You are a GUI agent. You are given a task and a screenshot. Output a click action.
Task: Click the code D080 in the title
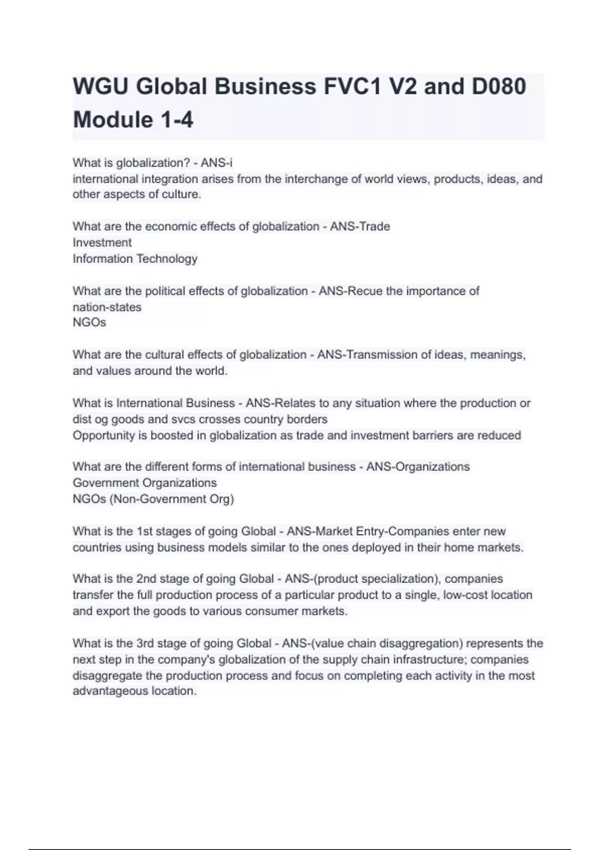pyautogui.click(x=498, y=86)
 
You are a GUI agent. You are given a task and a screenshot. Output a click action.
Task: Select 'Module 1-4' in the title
pyautogui.click(x=133, y=120)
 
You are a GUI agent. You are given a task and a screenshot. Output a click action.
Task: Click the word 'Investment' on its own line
pyautogui.click(x=102, y=242)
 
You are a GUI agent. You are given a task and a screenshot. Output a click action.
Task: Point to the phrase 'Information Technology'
pyautogui.click(x=135, y=258)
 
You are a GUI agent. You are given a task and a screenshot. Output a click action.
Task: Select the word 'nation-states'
pyautogui.click(x=107, y=307)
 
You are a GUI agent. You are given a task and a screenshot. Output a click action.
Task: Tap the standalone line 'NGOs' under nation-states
pyautogui.click(x=89, y=322)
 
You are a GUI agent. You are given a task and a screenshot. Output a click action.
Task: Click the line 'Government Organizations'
pyautogui.click(x=144, y=482)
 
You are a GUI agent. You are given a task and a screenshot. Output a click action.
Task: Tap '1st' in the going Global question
pyautogui.click(x=144, y=531)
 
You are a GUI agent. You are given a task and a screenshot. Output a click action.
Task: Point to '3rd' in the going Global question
pyautogui.click(x=144, y=643)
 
